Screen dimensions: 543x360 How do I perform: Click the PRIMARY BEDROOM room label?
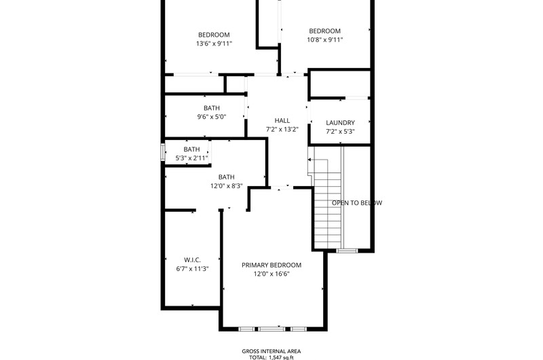click(271, 265)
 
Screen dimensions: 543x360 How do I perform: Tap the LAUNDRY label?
click(340, 123)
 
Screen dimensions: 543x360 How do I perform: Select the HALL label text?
click(282, 121)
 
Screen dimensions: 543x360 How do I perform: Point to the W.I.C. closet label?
click(192, 260)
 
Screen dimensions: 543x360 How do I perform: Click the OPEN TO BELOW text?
click(357, 202)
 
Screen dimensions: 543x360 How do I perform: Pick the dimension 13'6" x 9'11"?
click(214, 43)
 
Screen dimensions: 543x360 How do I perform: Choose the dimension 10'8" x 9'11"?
click(325, 40)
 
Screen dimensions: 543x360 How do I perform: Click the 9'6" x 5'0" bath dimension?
click(212, 117)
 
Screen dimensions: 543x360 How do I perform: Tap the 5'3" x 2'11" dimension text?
click(191, 158)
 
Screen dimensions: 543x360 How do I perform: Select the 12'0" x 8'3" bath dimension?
click(227, 186)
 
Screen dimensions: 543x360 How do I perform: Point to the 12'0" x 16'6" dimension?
click(271, 274)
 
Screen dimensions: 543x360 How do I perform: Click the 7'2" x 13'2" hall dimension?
click(282, 130)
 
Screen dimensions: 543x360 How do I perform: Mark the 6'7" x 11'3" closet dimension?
click(192, 269)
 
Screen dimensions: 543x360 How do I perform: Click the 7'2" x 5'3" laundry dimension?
click(340, 132)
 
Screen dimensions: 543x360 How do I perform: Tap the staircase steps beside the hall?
click(327, 204)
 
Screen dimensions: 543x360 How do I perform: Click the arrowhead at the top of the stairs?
click(310, 160)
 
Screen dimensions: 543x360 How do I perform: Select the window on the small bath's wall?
click(162, 152)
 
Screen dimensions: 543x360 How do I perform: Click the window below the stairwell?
click(347, 251)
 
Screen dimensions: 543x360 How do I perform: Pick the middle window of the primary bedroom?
click(272, 329)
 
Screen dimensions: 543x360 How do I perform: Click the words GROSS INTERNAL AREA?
click(271, 351)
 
